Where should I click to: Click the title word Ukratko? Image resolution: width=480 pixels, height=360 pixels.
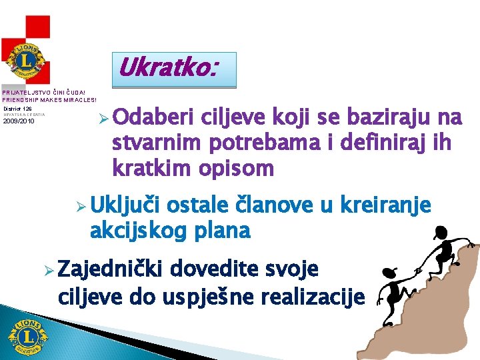[167, 67]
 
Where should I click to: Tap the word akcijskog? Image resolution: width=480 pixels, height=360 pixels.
[138, 231]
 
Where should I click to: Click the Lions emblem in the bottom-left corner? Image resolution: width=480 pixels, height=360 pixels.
[28, 336]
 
